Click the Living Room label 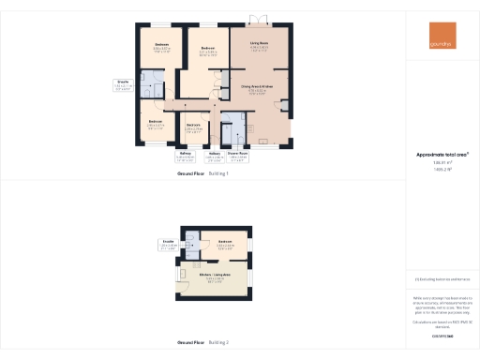coord(259,44)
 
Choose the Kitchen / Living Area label coord(213,277)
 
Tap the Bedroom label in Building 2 coord(225,246)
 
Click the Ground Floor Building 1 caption coord(203,173)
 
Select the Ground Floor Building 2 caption coord(203,343)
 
